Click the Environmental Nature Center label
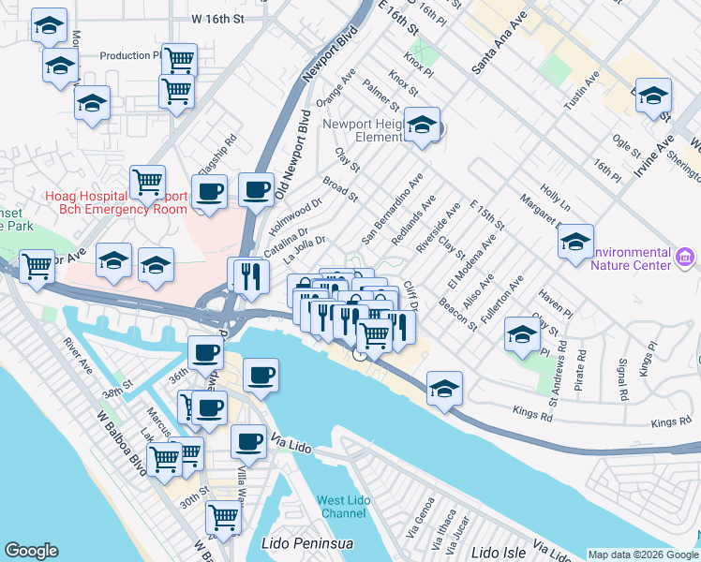pyautogui.click(x=619, y=259)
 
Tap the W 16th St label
pyautogui.click(x=216, y=18)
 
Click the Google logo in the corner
pyautogui.click(x=31, y=551)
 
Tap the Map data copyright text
pyautogui.click(x=643, y=555)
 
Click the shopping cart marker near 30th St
pyautogui.click(x=223, y=515)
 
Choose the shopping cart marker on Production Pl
pyautogui.click(x=179, y=59)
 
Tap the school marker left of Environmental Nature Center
pyautogui.click(x=575, y=242)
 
